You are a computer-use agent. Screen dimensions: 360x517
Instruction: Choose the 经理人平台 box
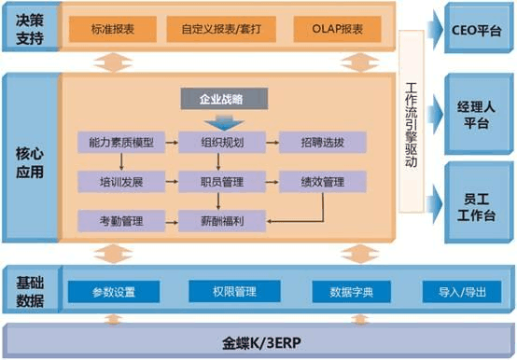click(x=476, y=113)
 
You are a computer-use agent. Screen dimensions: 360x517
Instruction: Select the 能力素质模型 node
click(x=120, y=143)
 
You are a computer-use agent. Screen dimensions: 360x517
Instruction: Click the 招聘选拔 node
click(x=323, y=143)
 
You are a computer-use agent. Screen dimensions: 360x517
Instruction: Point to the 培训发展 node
click(x=120, y=181)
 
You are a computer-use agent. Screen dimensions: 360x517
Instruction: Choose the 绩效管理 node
click(x=323, y=181)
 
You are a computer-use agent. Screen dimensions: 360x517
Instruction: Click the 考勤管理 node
click(x=120, y=220)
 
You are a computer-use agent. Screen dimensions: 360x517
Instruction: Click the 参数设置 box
click(x=114, y=292)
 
